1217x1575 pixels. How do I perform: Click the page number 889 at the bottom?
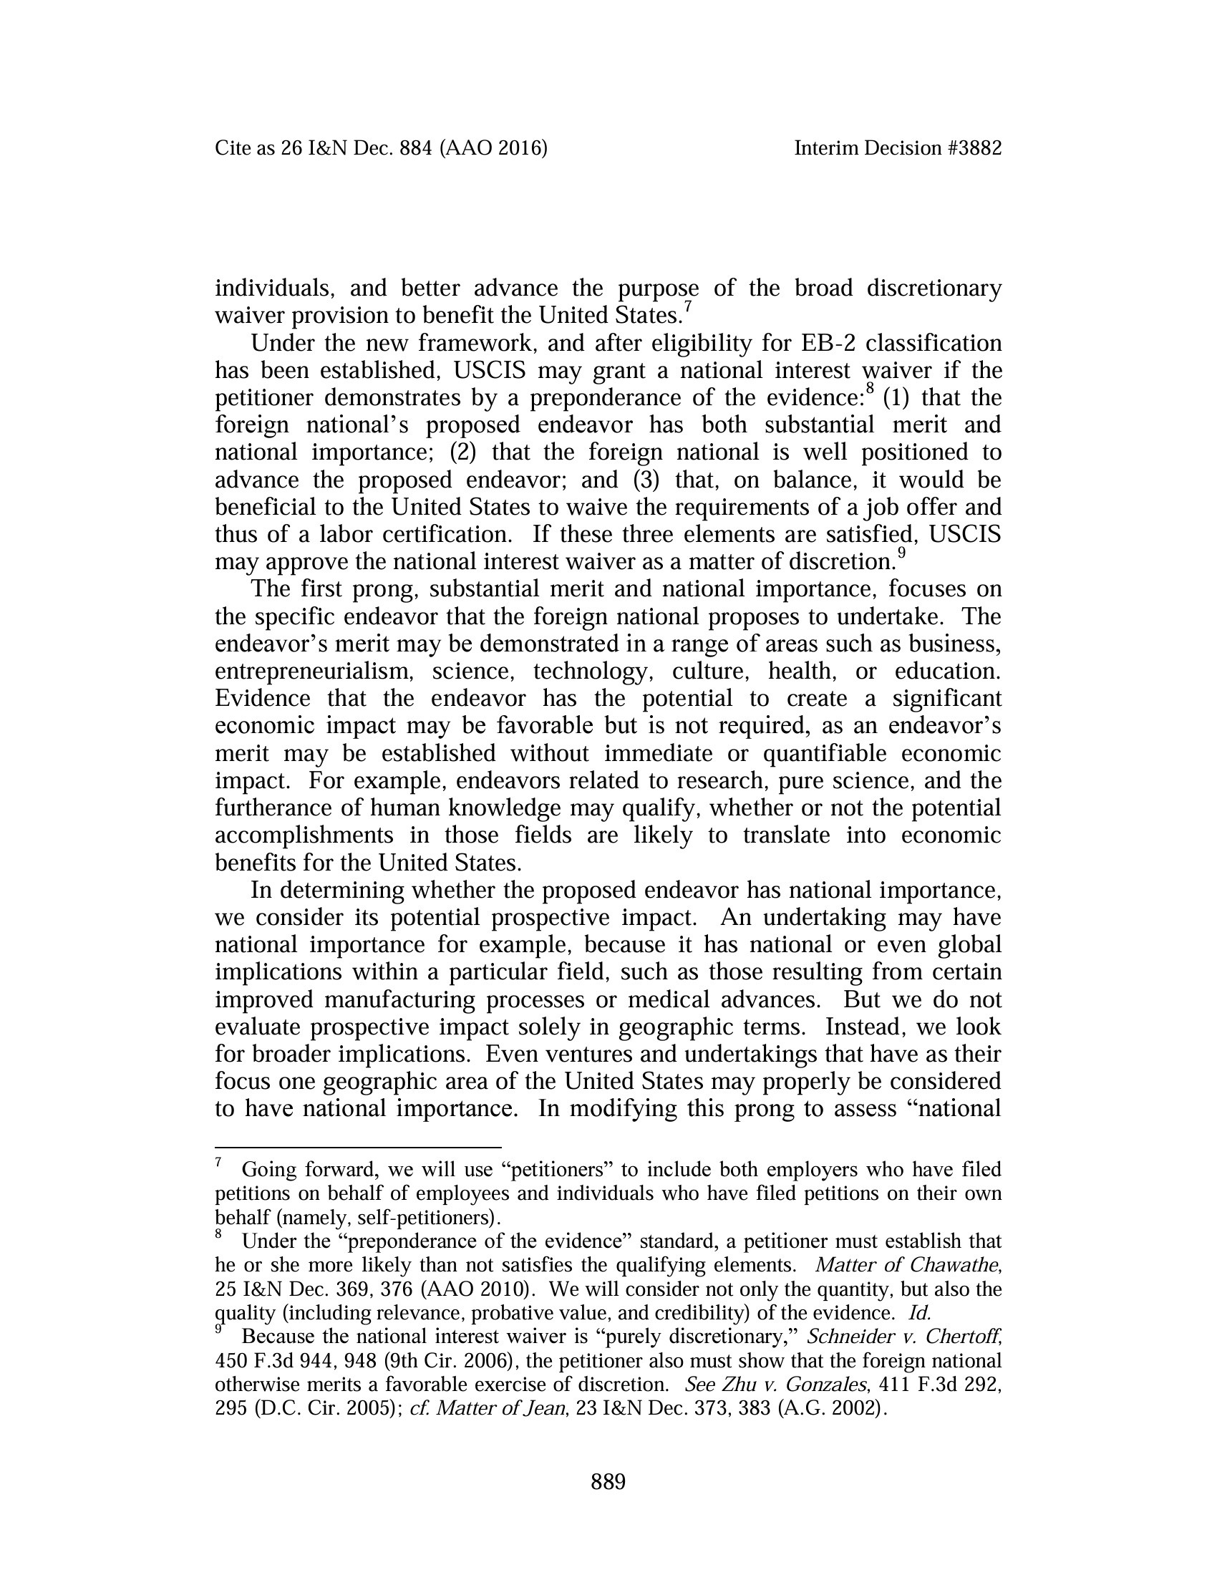pos(608,1482)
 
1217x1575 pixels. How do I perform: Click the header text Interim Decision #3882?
pos(898,149)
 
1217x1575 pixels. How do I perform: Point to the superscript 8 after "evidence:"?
pos(871,389)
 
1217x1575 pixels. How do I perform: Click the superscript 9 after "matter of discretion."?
pos(901,554)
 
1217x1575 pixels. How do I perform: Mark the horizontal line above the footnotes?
pos(358,1147)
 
